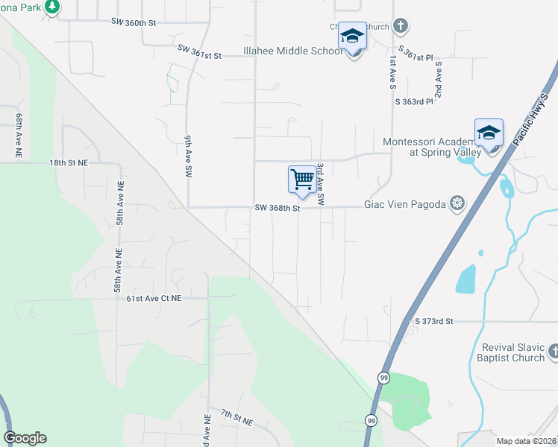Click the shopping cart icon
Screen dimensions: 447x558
(x=302, y=180)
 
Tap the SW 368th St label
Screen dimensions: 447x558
(x=277, y=209)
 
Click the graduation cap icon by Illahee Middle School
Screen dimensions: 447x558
(x=352, y=37)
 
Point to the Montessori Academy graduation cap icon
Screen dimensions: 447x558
(x=489, y=133)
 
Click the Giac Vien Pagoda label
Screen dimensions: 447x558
(x=405, y=203)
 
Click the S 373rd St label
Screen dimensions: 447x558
(x=433, y=321)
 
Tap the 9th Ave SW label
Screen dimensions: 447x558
(x=189, y=155)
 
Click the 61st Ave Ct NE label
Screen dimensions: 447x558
(x=154, y=298)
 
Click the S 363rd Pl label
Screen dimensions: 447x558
(x=414, y=101)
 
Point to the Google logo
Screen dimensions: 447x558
(x=25, y=438)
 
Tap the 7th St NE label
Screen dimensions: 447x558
(x=236, y=417)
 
